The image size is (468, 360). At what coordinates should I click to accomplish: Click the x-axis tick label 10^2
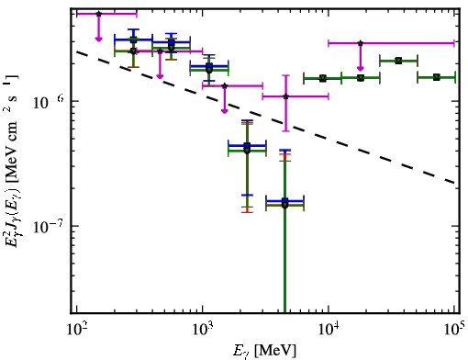tap(76, 330)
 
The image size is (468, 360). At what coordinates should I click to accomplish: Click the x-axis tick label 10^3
tap(203, 330)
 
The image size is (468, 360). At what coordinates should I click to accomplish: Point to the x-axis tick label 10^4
tap(329, 330)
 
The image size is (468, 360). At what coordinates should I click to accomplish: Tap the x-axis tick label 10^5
tap(454, 329)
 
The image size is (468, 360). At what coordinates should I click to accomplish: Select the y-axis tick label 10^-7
tap(47, 227)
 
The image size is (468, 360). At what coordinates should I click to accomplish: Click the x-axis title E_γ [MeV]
tap(264, 351)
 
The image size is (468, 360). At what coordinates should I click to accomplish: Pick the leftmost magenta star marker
tap(98, 14)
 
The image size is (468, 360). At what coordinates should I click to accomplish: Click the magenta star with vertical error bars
tap(286, 96)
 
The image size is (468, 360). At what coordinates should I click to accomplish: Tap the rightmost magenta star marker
tap(361, 43)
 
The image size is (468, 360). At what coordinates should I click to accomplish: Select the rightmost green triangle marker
tap(437, 77)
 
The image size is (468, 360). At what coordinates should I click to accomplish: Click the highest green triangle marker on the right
tap(398, 61)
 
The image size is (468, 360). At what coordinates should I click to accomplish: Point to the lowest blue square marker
tap(285, 201)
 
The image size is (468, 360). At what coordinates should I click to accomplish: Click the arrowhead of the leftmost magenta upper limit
tap(98, 39)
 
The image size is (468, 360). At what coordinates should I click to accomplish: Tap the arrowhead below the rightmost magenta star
tap(361, 68)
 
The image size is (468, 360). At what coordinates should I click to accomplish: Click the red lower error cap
tap(247, 212)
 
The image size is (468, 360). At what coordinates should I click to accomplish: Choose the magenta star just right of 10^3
tap(225, 85)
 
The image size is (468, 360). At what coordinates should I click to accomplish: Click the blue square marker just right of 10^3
tap(209, 66)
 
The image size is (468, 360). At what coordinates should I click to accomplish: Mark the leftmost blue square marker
tap(133, 39)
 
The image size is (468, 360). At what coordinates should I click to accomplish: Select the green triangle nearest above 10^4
tap(323, 78)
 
